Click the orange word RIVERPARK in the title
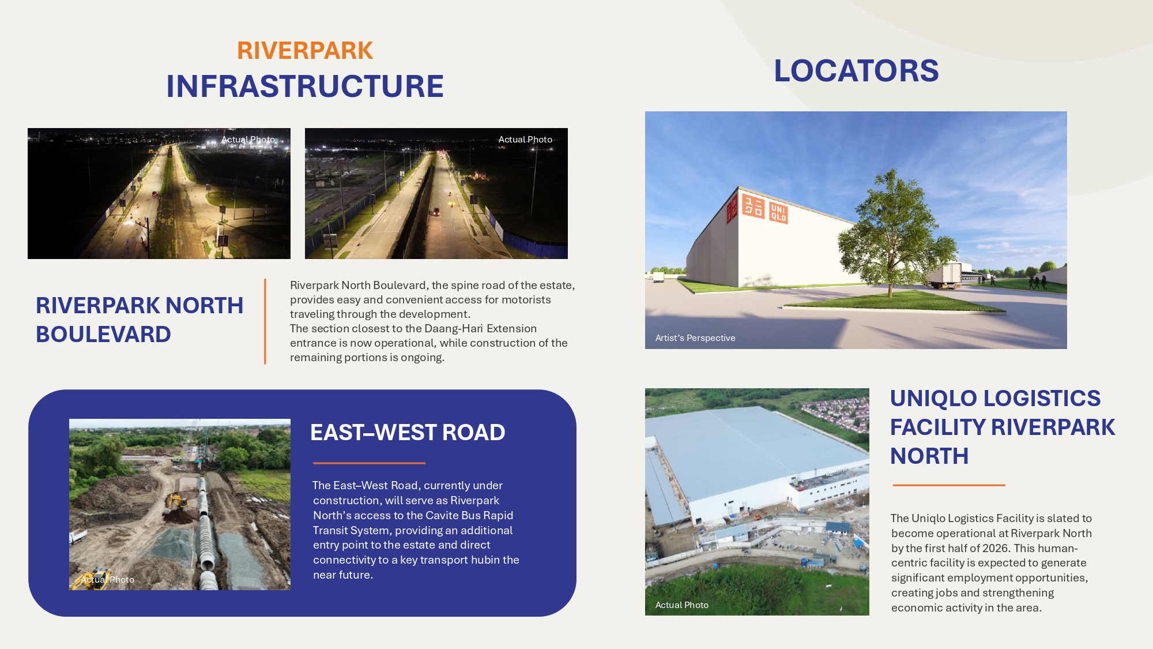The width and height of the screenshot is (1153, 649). coord(305,51)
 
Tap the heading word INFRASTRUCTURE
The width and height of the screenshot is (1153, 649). coord(305,87)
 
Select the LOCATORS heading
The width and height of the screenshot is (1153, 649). coord(856,71)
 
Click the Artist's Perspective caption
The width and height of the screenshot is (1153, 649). coord(695,338)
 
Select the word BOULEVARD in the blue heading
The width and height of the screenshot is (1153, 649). coord(104,335)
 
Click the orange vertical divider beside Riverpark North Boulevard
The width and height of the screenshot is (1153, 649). coord(265,322)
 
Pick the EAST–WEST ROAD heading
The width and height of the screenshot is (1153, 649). coord(408,433)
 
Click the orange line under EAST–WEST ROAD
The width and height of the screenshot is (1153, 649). coord(369,463)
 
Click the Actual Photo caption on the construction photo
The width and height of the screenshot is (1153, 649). coord(107,580)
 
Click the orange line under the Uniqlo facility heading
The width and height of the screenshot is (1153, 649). coord(949,485)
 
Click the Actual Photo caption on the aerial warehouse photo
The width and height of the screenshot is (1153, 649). coord(682,605)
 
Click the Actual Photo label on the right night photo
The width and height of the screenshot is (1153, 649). coord(525,140)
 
